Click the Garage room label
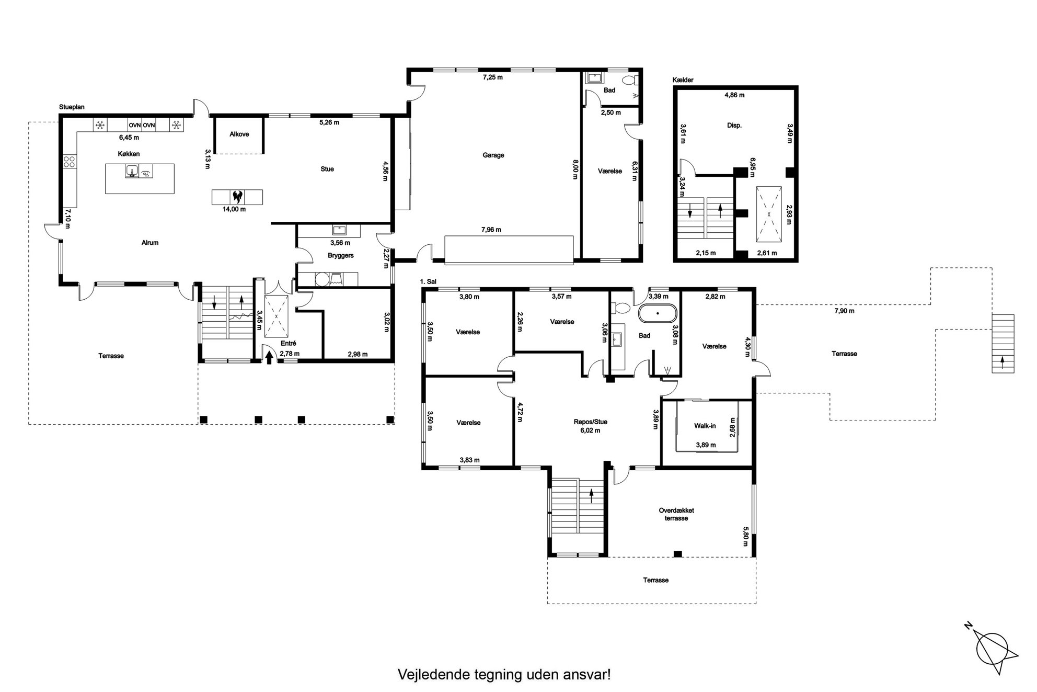[493, 155]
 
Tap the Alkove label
[239, 134]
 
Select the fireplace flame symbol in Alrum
[237, 197]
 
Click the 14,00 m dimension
[234, 209]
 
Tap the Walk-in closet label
[705, 426]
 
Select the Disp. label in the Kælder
[734, 126]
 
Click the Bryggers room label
[341, 255]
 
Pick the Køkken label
[129, 154]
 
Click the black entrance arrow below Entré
[269, 357]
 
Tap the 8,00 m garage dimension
[575, 169]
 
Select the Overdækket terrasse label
[676, 514]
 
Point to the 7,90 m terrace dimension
[844, 311]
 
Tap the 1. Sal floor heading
[428, 281]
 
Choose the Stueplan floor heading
[72, 107]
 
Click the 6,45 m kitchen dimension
[129, 138]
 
